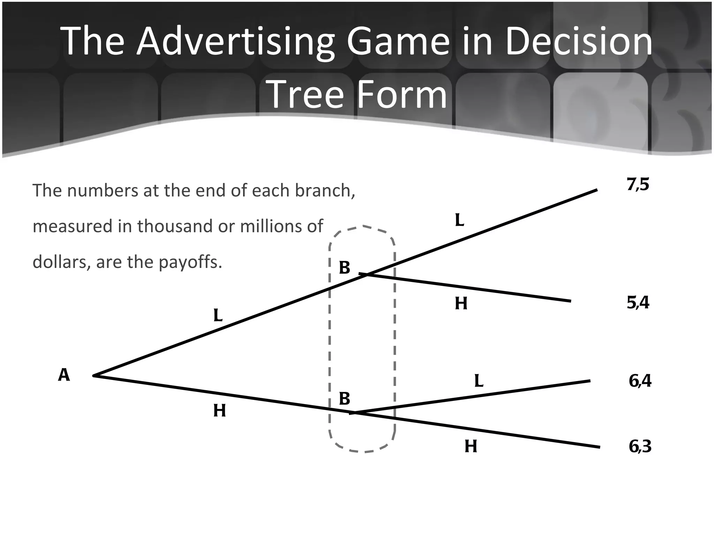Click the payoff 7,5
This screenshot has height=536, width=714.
click(x=638, y=185)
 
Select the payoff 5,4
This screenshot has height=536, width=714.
click(x=638, y=303)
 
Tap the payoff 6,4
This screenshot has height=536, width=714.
click(x=640, y=381)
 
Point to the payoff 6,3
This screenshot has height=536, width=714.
click(x=640, y=446)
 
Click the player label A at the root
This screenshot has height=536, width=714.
click(x=64, y=375)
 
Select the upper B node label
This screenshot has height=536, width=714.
click(x=344, y=268)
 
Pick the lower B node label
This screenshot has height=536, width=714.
click(x=344, y=399)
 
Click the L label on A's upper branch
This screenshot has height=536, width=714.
click(x=218, y=316)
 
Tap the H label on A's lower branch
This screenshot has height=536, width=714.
click(x=220, y=411)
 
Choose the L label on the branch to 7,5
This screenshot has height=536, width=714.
click(x=459, y=220)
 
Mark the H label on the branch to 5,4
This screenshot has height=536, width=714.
click(x=461, y=304)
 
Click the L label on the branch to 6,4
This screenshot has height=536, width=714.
click(x=479, y=381)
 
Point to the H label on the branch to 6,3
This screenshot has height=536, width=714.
click(x=471, y=446)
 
